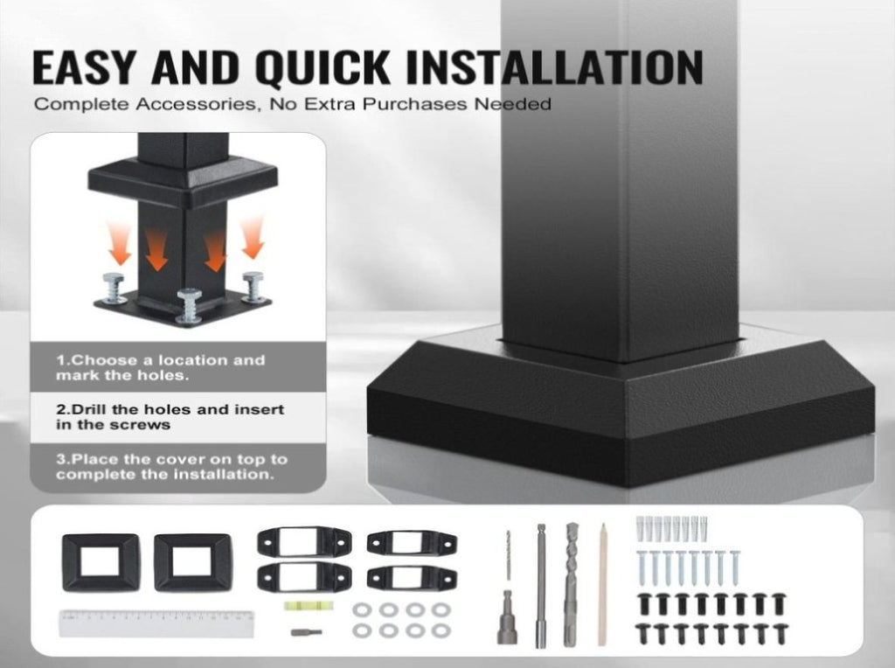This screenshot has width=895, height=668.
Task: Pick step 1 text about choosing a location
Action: pyautogui.click(x=161, y=368)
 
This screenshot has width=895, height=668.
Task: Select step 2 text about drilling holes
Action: pyautogui.click(x=170, y=417)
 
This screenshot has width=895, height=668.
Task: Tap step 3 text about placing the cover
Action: pyautogui.click(x=171, y=466)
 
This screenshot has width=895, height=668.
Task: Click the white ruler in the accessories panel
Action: pyautogui.click(x=156, y=623)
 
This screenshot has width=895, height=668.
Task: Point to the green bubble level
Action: pyautogui.click(x=301, y=605)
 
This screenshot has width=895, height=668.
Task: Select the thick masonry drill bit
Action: pyautogui.click(x=572, y=584)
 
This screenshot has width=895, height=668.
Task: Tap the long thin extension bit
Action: pyautogui.click(x=541, y=586)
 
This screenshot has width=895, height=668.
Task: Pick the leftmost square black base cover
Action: pyautogui.click(x=101, y=562)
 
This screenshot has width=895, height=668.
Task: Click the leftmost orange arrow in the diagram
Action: pyautogui.click(x=120, y=243)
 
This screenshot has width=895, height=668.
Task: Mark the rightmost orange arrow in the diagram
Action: pyautogui.click(x=253, y=238)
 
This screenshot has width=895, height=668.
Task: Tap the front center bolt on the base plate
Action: pyautogui.click(x=189, y=307)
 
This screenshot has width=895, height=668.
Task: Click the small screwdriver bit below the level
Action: pyautogui.click(x=306, y=633)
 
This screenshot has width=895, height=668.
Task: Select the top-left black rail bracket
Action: pyautogui.click(x=304, y=542)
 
